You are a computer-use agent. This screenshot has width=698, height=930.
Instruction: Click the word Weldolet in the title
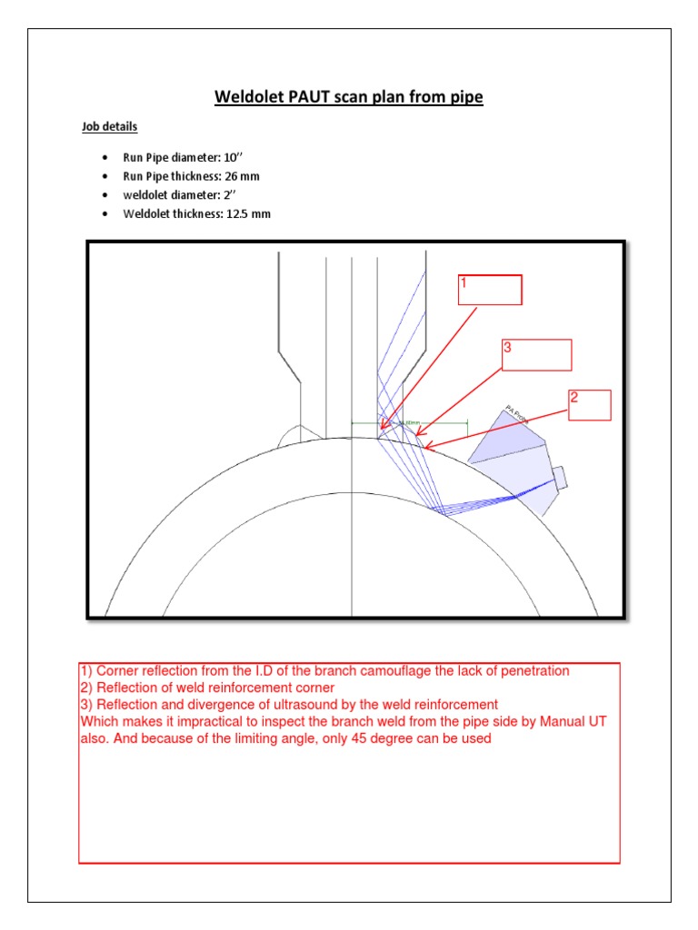(x=248, y=97)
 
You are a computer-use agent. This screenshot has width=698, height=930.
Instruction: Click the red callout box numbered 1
(x=490, y=289)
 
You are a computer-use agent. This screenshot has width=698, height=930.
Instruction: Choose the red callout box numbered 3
(x=536, y=355)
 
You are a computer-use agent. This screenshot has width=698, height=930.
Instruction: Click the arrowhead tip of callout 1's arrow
(x=382, y=429)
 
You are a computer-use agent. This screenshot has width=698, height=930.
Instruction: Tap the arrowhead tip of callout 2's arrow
(x=424, y=447)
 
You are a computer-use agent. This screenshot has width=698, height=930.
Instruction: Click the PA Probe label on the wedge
(x=517, y=416)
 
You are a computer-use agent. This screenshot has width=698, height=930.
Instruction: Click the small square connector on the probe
(x=559, y=476)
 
